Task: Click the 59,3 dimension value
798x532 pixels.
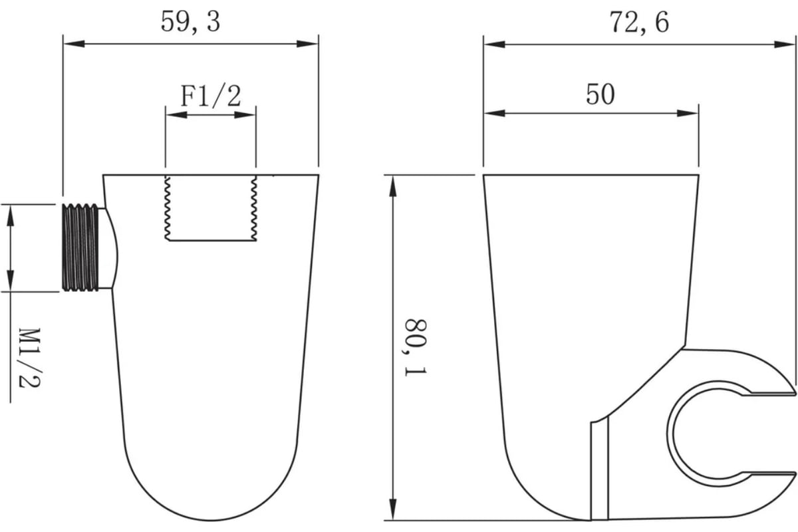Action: [x=191, y=22]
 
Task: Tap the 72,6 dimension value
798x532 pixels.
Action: [x=639, y=23]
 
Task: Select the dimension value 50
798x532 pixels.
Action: [x=600, y=94]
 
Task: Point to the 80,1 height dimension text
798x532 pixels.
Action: [x=416, y=347]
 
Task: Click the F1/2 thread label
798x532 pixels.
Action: [x=211, y=96]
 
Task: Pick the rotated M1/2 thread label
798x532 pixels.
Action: [x=30, y=358]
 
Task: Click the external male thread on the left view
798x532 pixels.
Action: [x=80, y=247]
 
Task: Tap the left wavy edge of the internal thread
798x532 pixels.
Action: [x=167, y=208]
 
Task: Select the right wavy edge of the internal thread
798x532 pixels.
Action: [x=254, y=208]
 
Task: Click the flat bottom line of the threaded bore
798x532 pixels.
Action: [x=213, y=241]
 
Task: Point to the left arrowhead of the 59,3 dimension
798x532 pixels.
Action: [x=74, y=44]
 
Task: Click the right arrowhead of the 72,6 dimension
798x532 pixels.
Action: [x=785, y=45]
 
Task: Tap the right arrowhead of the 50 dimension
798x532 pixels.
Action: [x=688, y=113]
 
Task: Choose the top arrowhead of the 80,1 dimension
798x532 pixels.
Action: [x=392, y=186]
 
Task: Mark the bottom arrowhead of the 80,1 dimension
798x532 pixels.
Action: [x=392, y=509]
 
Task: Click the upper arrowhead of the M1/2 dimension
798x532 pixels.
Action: [x=11, y=215]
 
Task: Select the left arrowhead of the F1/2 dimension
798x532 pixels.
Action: [x=176, y=115]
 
